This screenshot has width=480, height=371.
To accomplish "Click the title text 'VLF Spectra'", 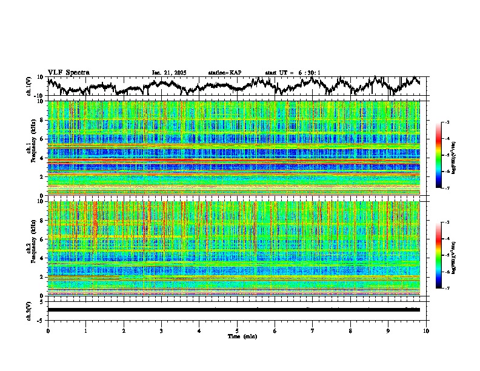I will pyautogui.click(x=68, y=72).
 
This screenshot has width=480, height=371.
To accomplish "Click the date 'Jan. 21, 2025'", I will pyautogui.click(x=169, y=73).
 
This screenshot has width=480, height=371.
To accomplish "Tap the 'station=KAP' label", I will pyautogui.click(x=224, y=73).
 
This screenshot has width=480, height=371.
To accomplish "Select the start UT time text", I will pyautogui.click(x=293, y=73).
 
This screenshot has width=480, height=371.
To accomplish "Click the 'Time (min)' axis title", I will pyautogui.click(x=242, y=336).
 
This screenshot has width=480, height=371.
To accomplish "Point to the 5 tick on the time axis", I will pyautogui.click(x=237, y=330).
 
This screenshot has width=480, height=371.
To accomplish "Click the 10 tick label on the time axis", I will pyautogui.click(x=426, y=330).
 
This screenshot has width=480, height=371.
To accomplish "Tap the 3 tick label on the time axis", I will pyautogui.click(x=161, y=330).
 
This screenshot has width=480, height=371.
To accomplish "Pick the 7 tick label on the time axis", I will pyautogui.click(x=313, y=330).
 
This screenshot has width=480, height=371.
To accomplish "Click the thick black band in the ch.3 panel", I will pyautogui.click(x=233, y=310).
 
